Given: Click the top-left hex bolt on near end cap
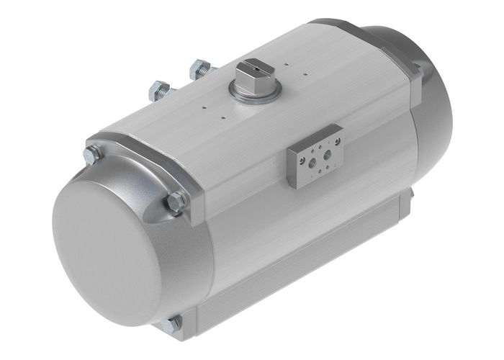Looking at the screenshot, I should coord(92,155).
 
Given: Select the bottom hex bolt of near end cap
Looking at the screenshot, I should coord(173,325).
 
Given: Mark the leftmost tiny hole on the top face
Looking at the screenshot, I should coord(204,109).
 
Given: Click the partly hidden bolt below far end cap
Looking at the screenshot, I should coord(412,193).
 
